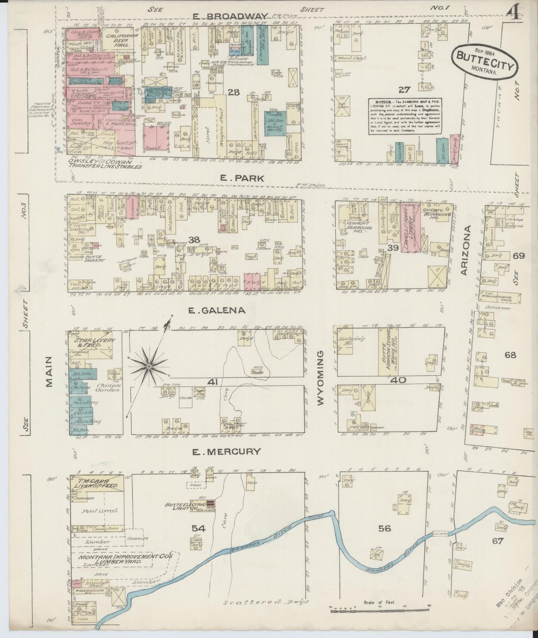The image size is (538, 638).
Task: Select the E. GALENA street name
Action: click(x=216, y=310)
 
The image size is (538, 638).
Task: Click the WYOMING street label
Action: click(x=321, y=377)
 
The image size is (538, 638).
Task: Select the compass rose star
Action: click(x=149, y=367)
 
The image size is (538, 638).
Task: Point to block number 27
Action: click(x=404, y=90)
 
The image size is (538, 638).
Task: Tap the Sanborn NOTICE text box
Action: click(x=405, y=117)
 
